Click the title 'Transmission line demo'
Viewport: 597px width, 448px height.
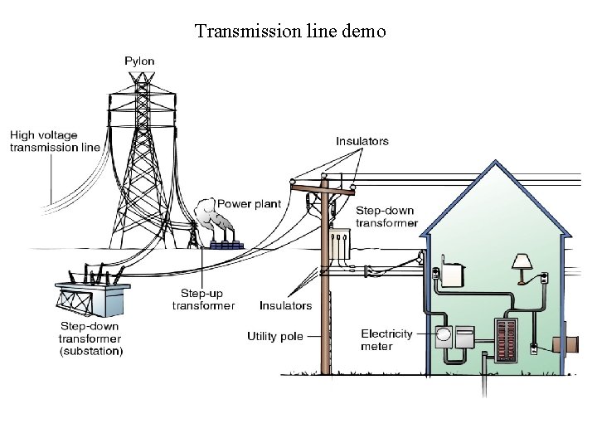(290, 32)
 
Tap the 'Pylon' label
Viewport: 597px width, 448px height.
(138, 61)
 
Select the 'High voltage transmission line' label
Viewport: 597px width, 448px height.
(55, 141)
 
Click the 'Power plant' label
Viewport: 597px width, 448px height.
(249, 203)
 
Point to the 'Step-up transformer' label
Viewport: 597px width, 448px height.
(203, 299)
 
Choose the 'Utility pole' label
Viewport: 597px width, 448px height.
(275, 337)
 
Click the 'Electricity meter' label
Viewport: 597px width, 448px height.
(386, 340)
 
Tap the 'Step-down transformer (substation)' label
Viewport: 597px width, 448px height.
(90, 338)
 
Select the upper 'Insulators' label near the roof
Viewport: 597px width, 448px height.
(362, 141)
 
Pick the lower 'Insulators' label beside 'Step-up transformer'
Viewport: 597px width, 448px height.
(285, 305)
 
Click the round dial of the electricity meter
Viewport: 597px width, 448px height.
(444, 337)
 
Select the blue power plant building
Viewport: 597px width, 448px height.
(225, 245)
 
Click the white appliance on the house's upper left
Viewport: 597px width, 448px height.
(453, 273)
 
